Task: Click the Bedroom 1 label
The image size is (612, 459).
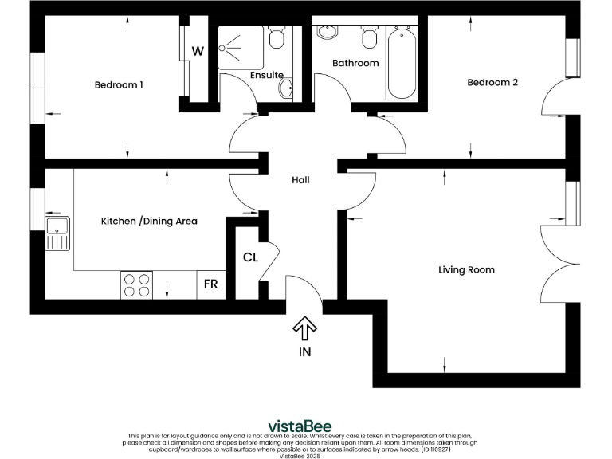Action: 119,85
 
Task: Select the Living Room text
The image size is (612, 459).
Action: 466,270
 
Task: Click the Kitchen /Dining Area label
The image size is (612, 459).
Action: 149,221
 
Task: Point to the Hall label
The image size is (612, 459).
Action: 300,181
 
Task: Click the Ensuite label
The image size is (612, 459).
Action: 266,75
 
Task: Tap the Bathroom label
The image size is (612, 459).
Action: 355,63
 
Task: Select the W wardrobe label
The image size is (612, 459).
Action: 198,52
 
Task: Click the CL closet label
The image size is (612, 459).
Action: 250,257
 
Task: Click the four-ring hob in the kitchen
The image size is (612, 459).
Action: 136,285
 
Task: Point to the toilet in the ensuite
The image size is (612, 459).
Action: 277,38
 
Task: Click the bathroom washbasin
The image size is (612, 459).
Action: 328,33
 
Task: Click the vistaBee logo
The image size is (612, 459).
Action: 299,426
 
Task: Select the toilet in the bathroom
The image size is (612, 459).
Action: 369,37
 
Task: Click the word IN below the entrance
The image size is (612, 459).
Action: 305,351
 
